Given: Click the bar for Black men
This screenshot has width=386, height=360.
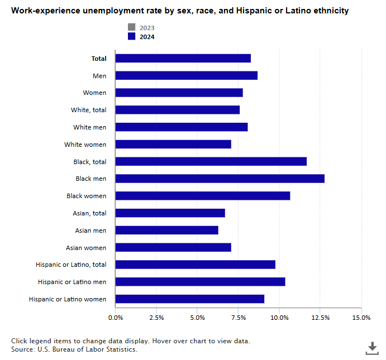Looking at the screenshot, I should pyautogui.click(x=220, y=179).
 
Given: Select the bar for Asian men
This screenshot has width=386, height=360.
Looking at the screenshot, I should pyautogui.click(x=166, y=230).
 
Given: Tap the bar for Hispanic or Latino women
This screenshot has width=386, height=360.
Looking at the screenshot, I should pyautogui.click(x=189, y=299).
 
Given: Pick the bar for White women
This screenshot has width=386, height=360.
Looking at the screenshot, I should pyautogui.click(x=173, y=145).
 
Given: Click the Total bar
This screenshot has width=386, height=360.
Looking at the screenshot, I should pyautogui.click(x=183, y=59).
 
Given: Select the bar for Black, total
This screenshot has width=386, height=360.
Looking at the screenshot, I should pyautogui.click(x=211, y=161).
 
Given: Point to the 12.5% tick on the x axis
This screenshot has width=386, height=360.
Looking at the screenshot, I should pyautogui.click(x=321, y=318).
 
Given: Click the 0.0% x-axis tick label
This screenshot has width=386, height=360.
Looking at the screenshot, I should pyautogui.click(x=116, y=318).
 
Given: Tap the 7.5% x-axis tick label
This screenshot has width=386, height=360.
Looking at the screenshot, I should pyautogui.click(x=239, y=318).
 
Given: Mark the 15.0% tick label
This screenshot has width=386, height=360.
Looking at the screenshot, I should pyautogui.click(x=361, y=318).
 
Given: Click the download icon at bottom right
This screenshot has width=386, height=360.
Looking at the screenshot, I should pyautogui.click(x=372, y=348).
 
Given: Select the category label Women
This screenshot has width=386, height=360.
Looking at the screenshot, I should pyautogui.click(x=94, y=93).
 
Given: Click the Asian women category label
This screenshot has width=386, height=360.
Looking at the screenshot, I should pyautogui.click(x=86, y=247).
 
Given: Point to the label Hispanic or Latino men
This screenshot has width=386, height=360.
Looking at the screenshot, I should pyautogui.click(x=72, y=282).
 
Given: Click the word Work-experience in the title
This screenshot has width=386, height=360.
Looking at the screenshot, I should pyautogui.click(x=42, y=11).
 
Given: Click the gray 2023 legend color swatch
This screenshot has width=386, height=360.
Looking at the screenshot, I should pyautogui.click(x=131, y=28).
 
